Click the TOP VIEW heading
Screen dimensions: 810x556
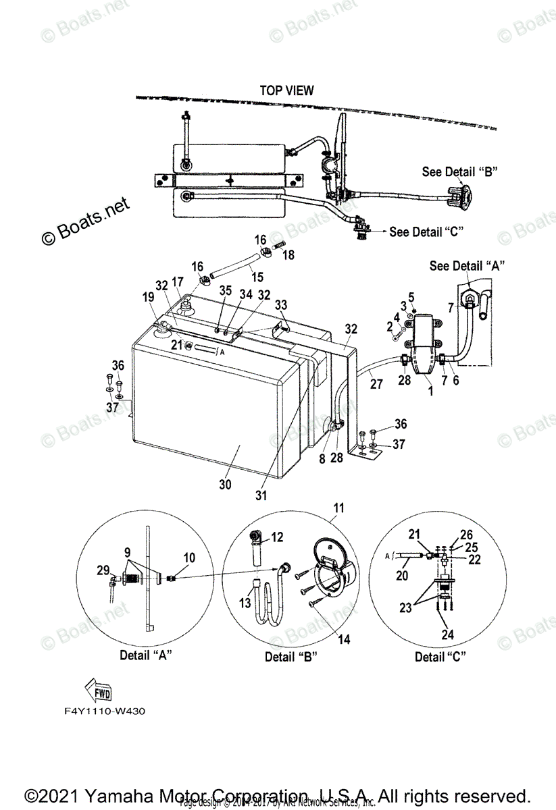tap(286, 90)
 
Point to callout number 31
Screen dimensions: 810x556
tap(261, 495)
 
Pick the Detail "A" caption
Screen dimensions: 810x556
tap(145, 655)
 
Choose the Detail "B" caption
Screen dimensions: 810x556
tap(290, 656)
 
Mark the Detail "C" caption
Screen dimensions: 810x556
tap(440, 656)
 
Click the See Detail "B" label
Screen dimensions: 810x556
tap(459, 171)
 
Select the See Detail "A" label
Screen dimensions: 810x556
tap(467, 266)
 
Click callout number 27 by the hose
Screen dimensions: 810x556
tap(376, 383)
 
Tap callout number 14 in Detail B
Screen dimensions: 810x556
tap(344, 639)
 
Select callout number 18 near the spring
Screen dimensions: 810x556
tap(288, 255)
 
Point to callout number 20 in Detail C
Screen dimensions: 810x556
tap(403, 575)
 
